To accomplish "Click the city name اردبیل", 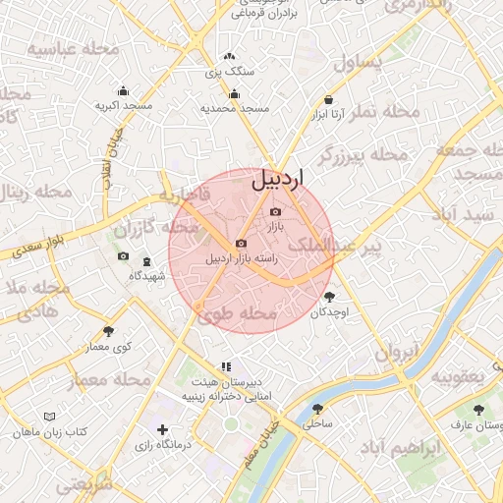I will (x=278, y=179).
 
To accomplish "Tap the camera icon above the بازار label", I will (x=275, y=212).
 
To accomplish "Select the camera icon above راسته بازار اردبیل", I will (x=241, y=244).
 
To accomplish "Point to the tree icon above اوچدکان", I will (x=328, y=297).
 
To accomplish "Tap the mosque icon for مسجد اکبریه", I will (x=123, y=90).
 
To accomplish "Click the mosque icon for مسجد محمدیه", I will (x=234, y=94).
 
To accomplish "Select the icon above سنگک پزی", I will (x=230, y=58).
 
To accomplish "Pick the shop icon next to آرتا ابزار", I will (x=328, y=99).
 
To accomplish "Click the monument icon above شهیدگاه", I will (x=147, y=261).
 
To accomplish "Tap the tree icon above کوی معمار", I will (x=108, y=331).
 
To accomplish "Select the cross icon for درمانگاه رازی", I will (x=162, y=429).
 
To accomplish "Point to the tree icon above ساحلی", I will (x=317, y=409).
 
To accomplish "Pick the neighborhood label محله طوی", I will (x=236, y=314).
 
